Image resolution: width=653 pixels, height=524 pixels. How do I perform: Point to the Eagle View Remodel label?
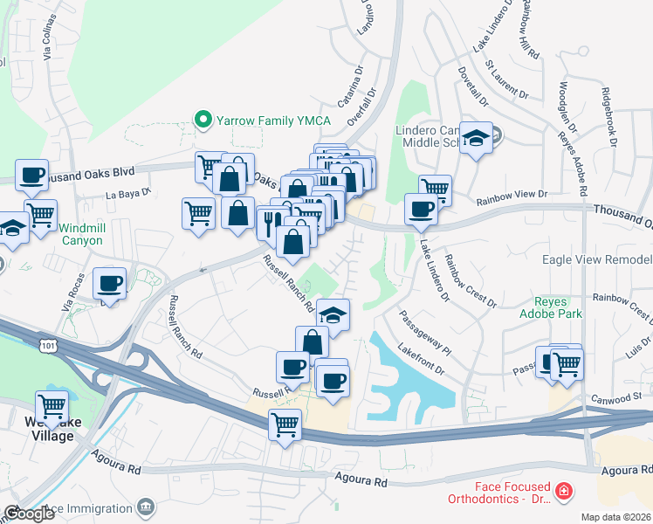click(597, 259)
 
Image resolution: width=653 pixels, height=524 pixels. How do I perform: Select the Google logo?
click(29, 514)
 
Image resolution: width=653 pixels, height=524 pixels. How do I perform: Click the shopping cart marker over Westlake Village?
click(52, 407)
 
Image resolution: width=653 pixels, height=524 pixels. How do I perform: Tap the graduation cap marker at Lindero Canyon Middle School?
click(476, 139)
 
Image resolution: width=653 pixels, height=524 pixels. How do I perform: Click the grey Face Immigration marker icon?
click(147, 507)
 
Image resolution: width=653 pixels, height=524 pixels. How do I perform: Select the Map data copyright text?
click(615, 517)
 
